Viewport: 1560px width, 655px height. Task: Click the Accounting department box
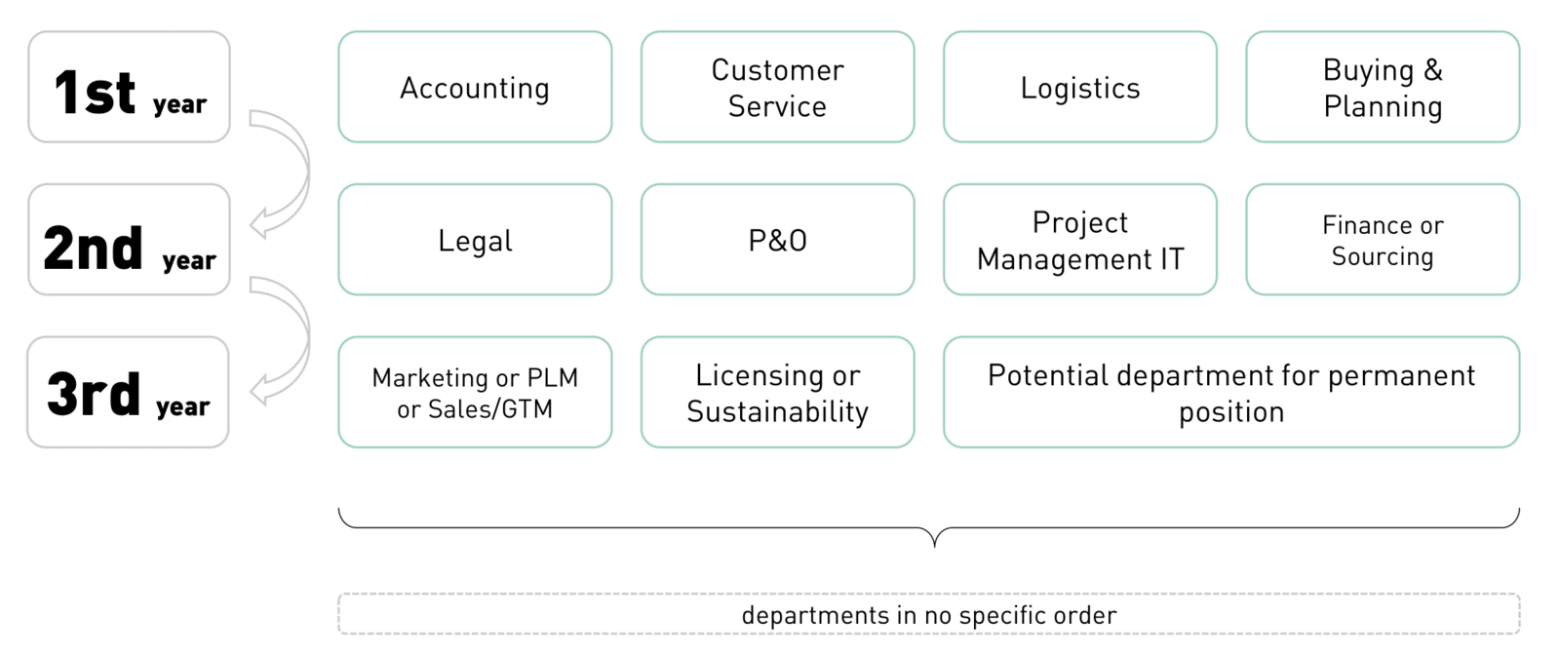click(475, 88)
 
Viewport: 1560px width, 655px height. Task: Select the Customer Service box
click(777, 88)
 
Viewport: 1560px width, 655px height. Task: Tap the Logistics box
click(1079, 88)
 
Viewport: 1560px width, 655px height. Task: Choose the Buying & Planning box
click(1382, 88)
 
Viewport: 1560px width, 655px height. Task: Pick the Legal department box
click(475, 240)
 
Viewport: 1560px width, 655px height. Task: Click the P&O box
click(777, 240)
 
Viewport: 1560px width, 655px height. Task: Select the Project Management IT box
click(1079, 240)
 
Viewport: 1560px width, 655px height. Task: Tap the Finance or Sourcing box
click(1382, 240)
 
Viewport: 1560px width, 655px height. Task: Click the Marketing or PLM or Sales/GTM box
click(475, 393)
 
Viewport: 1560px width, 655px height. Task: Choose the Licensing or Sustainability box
click(777, 393)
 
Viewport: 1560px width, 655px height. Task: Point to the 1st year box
click(129, 88)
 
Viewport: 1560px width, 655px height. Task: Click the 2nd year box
click(129, 240)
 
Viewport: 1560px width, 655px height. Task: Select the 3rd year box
click(128, 393)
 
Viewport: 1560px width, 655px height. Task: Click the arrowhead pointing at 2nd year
click(258, 224)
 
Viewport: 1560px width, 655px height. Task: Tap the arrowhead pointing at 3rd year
click(258, 391)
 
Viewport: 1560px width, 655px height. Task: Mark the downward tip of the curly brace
click(934, 544)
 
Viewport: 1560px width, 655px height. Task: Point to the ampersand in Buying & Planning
click(1432, 70)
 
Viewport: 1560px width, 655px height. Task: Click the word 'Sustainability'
click(777, 412)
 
